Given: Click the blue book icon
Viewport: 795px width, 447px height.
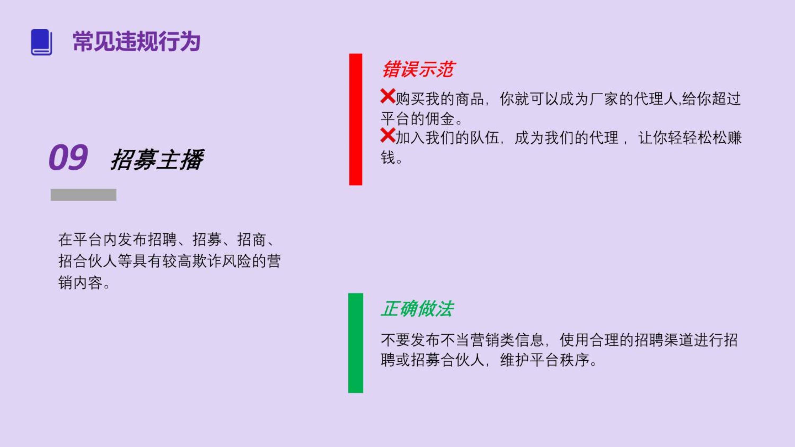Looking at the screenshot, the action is click(41, 42).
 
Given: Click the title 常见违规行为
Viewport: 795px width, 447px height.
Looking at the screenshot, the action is click(137, 41).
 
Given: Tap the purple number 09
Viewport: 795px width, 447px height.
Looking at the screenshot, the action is click(68, 157).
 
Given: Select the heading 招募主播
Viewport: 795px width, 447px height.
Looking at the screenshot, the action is click(157, 160).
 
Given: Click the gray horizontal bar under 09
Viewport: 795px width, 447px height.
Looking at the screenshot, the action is click(83, 195).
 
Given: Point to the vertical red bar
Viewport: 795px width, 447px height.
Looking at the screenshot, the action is click(356, 120).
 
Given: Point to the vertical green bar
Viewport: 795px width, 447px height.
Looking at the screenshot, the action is click(356, 343).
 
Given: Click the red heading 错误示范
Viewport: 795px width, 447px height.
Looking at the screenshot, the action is click(418, 69).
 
